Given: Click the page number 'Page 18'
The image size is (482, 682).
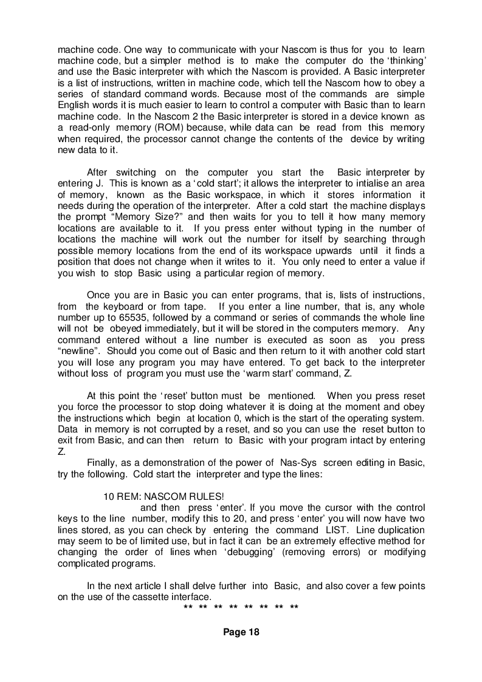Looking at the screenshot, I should (241, 632).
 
